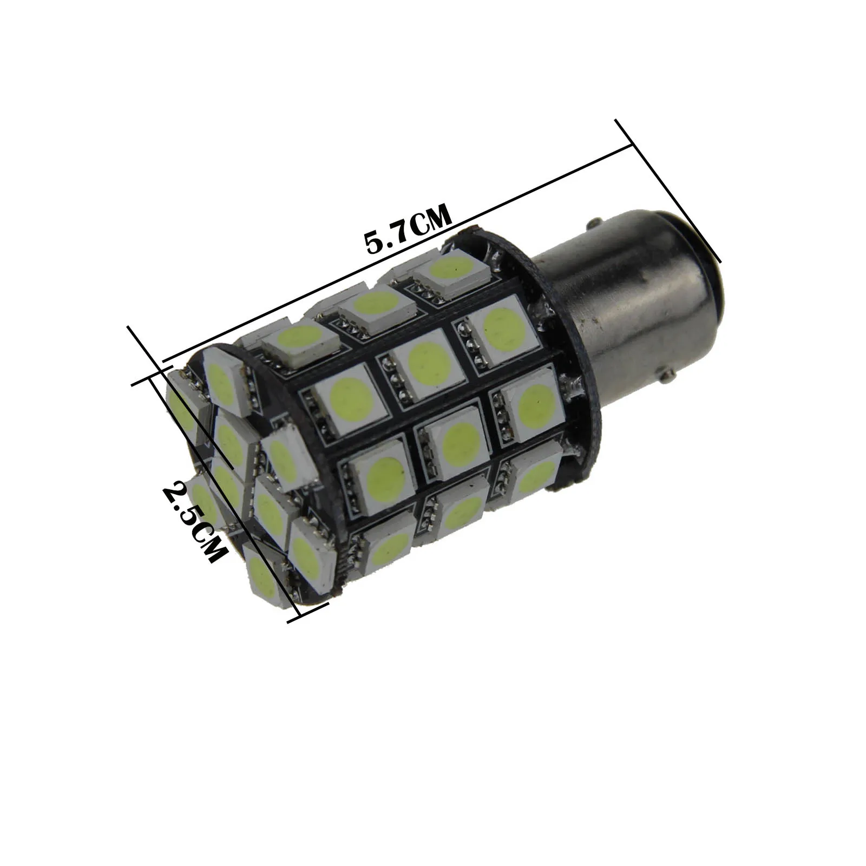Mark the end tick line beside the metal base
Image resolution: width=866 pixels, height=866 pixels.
pos(668,189)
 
